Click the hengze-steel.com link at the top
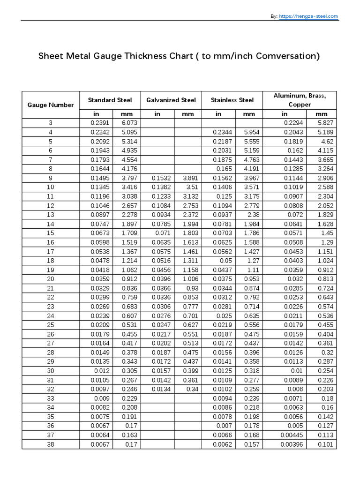coord(309,16)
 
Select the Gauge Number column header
coord(51,105)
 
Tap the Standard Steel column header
coord(110,100)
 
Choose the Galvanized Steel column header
coord(171,100)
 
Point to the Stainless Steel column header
coord(232,100)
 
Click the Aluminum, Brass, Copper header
coord(300,100)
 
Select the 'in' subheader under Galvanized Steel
coord(157,114)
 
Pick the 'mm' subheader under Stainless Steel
coord(249,114)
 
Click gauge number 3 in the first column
coord(51,123)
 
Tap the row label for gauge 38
coord(51,444)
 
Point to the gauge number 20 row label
coord(51,279)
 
